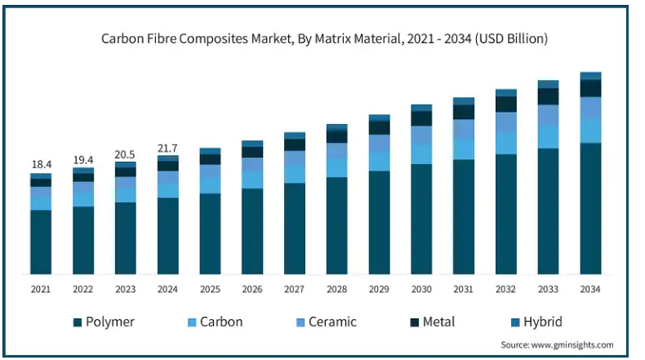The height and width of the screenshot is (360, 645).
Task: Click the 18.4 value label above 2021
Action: click(x=41, y=165)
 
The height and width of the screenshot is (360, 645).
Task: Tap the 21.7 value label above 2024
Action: click(x=167, y=148)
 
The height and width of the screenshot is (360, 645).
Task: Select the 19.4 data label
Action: click(x=83, y=160)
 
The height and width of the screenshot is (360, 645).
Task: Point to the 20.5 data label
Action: click(x=125, y=154)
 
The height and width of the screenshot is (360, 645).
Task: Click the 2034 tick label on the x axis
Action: click(x=590, y=289)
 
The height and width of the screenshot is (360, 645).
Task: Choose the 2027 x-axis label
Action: click(x=294, y=289)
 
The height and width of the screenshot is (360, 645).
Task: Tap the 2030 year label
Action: click(x=421, y=289)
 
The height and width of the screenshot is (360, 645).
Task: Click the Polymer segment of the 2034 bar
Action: click(x=590, y=208)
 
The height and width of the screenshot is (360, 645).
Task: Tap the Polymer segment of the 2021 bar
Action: click(x=41, y=242)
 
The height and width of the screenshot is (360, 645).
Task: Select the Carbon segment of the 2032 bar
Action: click(x=506, y=143)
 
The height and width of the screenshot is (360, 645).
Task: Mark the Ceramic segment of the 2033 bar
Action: click(x=549, y=115)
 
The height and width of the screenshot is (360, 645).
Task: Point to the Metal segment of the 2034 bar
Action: click(x=590, y=87)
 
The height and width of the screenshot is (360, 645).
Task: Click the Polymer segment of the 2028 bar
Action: click(x=336, y=225)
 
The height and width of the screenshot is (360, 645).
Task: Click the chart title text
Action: click(x=324, y=38)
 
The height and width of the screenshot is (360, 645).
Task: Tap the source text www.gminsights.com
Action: click(x=557, y=345)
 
